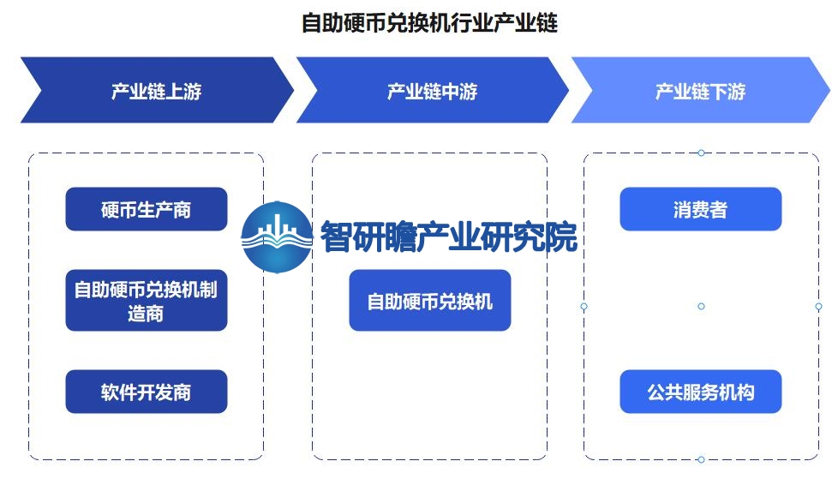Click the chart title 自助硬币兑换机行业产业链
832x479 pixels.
click(x=429, y=23)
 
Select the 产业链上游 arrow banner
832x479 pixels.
click(x=157, y=90)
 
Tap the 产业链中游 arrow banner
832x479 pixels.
click(x=433, y=90)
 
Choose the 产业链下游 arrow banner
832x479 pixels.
click(x=700, y=90)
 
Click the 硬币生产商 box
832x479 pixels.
click(x=147, y=209)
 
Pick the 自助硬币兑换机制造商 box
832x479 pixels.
click(x=147, y=300)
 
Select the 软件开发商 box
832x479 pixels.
click(x=147, y=392)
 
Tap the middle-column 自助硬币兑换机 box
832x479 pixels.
click(x=430, y=300)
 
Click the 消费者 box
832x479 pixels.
click(x=700, y=209)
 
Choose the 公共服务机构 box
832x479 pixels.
click(x=700, y=392)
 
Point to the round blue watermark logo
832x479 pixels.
click(x=277, y=237)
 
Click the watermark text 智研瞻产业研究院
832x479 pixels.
click(x=449, y=237)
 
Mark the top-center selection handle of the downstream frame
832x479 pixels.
click(x=701, y=153)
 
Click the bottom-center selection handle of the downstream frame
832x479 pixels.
click(x=701, y=459)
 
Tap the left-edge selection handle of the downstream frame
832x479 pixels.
click(x=584, y=306)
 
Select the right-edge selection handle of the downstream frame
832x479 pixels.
click(x=818, y=306)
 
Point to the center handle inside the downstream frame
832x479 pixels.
click(x=701, y=306)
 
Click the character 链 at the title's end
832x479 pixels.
click(x=547, y=23)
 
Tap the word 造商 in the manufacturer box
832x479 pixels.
click(x=146, y=313)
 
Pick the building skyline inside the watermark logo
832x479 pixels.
click(x=277, y=227)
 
